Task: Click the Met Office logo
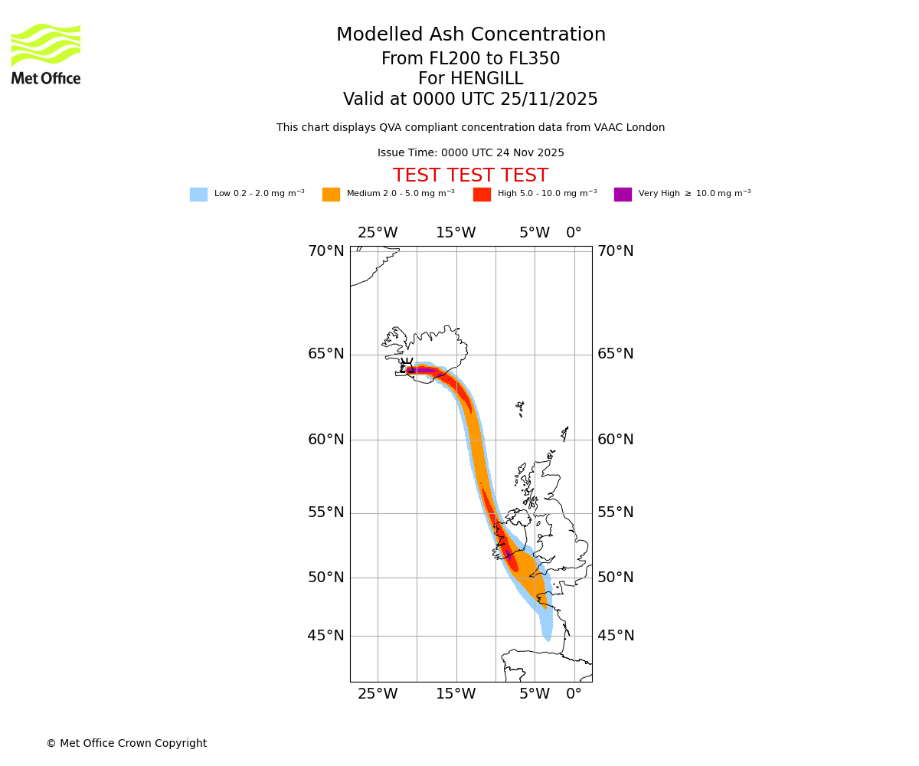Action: pos(46,54)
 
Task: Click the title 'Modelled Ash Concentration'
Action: pos(471,34)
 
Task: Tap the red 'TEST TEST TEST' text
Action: pos(470,175)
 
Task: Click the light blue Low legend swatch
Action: pos(198,194)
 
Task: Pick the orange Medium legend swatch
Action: pos(331,194)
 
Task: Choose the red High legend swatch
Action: pos(482,194)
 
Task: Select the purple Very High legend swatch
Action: pos(623,194)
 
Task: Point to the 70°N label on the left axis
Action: pos(326,250)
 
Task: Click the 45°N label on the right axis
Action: pos(616,635)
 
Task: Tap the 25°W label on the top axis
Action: pos(378,233)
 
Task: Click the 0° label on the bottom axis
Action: pos(574,694)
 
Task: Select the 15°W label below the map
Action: pos(456,694)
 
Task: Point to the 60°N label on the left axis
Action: pos(326,439)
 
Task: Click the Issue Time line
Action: pos(470,152)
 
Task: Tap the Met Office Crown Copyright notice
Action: pos(126,743)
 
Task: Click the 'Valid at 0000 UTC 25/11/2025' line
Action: pos(470,99)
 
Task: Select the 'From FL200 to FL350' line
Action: pos(470,59)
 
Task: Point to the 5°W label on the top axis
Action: pos(535,233)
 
